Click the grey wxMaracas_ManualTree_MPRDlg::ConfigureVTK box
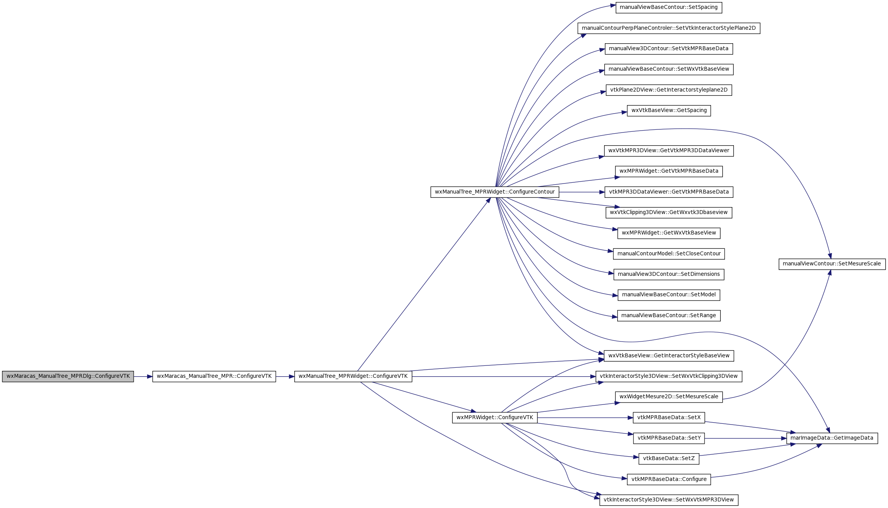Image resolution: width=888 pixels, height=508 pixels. pos(68,376)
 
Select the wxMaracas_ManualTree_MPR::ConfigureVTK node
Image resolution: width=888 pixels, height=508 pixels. pos(214,376)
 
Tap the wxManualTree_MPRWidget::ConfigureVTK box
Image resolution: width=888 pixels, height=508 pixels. pos(353,376)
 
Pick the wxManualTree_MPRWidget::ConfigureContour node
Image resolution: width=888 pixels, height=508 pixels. pos(495,192)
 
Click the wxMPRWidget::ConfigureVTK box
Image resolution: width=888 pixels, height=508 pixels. pos(495,418)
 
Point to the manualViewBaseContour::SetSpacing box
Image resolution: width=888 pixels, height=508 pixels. pos(669,7)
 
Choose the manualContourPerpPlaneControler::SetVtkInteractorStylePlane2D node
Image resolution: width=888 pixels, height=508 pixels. pos(669,28)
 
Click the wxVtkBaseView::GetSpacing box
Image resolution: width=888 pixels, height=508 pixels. pos(669,110)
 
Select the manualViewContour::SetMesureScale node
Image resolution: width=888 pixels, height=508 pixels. pos(832,264)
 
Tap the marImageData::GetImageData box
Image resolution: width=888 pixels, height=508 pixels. pos(832,438)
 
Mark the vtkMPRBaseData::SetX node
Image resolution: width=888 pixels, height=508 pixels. pos(669,418)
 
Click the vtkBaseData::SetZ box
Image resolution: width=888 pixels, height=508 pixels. pos(669,459)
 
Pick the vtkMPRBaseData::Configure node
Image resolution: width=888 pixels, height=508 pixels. pos(669,479)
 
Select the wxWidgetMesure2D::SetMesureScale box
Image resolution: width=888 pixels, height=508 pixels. pos(669,397)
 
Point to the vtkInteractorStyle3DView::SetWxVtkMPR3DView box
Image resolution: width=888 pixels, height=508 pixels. pos(669,500)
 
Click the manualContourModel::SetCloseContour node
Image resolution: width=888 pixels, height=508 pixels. pos(669,254)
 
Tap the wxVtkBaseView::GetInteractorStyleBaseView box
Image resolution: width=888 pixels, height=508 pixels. pos(669,356)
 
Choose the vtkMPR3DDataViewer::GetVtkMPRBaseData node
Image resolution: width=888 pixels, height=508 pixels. pos(669,192)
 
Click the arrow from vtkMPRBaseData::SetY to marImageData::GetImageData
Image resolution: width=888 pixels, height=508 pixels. pos(745,438)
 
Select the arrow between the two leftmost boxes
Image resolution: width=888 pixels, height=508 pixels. pos(143,377)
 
